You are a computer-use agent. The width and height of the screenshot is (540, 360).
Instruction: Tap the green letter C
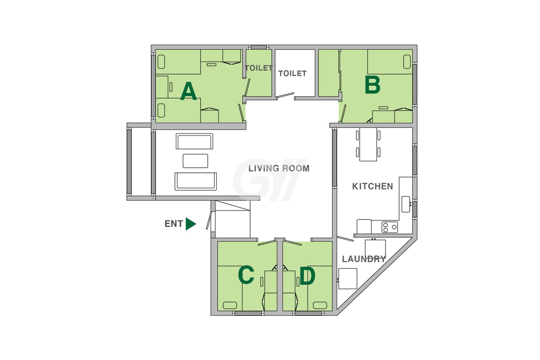pos(246,275)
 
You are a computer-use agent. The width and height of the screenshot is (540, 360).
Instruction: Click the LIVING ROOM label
pos(279,168)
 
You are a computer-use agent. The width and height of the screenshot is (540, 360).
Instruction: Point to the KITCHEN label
pos(372,186)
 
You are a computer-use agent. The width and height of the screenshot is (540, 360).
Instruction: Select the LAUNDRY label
pos(364,259)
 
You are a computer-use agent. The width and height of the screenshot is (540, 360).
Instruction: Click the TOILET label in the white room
pos(292,73)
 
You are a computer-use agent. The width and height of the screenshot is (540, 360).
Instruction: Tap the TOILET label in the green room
pos(259,68)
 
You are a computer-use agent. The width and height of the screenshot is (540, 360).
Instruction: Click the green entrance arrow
pos(190,224)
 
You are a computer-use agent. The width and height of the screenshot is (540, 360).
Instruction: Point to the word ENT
pos(174,224)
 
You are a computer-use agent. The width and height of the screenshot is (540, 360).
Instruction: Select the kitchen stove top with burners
pos(390,227)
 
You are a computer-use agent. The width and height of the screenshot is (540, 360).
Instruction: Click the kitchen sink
pos(406,204)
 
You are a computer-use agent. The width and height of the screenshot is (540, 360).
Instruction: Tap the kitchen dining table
pos(368,144)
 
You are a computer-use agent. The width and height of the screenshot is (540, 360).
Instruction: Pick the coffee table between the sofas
pos(195,161)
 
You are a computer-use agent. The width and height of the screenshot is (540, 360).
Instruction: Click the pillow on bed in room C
pos(230,305)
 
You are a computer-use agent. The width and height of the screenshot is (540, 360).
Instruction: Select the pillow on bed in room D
pos(320,305)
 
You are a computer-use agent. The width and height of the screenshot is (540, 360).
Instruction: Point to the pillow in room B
pos(407,62)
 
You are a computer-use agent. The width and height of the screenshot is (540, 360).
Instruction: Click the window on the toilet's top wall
pos(259,47)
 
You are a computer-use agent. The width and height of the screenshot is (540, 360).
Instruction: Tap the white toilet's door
pos(285,96)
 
